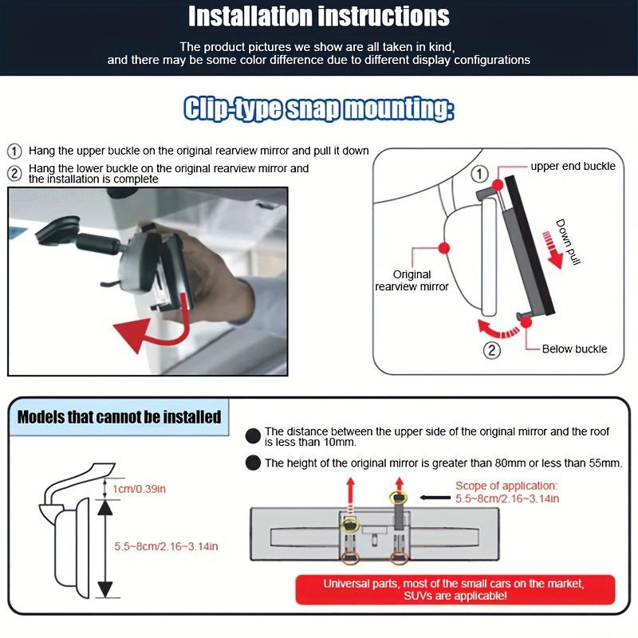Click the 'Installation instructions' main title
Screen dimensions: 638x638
pyautogui.click(x=318, y=16)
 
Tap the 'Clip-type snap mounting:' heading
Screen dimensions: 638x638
pyautogui.click(x=318, y=108)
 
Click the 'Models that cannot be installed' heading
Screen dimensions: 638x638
pyautogui.click(x=119, y=417)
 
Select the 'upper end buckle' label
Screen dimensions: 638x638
pyautogui.click(x=573, y=166)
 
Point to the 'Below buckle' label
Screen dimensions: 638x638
pyautogui.click(x=574, y=349)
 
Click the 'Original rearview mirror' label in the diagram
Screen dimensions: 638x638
pyautogui.click(x=412, y=281)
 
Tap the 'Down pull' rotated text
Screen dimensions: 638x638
pyautogui.click(x=568, y=242)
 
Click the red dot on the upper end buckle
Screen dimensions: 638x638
pyautogui.click(x=498, y=185)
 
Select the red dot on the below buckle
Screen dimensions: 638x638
pyautogui.click(x=526, y=322)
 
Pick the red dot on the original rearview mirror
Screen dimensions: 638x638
pyautogui.click(x=444, y=248)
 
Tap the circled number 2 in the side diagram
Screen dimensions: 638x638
pyautogui.click(x=491, y=350)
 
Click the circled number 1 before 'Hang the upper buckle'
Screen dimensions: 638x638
pyautogui.click(x=14, y=152)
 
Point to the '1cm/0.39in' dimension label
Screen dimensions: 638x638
pyautogui.click(x=139, y=489)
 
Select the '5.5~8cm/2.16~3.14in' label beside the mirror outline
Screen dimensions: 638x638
pyautogui.click(x=166, y=546)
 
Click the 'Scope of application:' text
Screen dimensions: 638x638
pyautogui.click(x=506, y=486)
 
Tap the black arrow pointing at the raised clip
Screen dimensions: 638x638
pyautogui.click(x=435, y=497)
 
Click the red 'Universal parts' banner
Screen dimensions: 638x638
pyautogui.click(x=455, y=589)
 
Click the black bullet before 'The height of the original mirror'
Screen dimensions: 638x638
pyautogui.click(x=253, y=463)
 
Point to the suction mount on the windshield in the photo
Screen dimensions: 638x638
pyautogui.click(x=57, y=231)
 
